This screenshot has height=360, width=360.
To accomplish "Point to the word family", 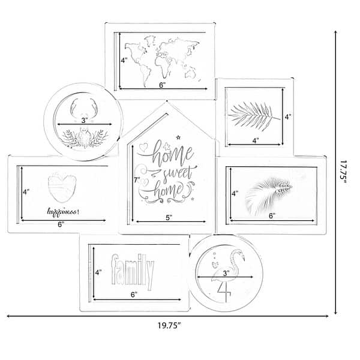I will pos(133,271).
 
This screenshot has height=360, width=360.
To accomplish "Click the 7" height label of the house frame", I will pos(137,179).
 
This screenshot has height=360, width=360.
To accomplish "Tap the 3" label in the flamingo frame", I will pos(226,274).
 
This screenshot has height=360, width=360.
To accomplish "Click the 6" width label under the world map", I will pos(162,86).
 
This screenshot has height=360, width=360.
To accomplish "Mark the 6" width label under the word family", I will pos(133,294).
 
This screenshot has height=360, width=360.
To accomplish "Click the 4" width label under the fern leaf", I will pos(255,141).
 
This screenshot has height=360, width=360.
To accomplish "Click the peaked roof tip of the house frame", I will pos(167,103).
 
